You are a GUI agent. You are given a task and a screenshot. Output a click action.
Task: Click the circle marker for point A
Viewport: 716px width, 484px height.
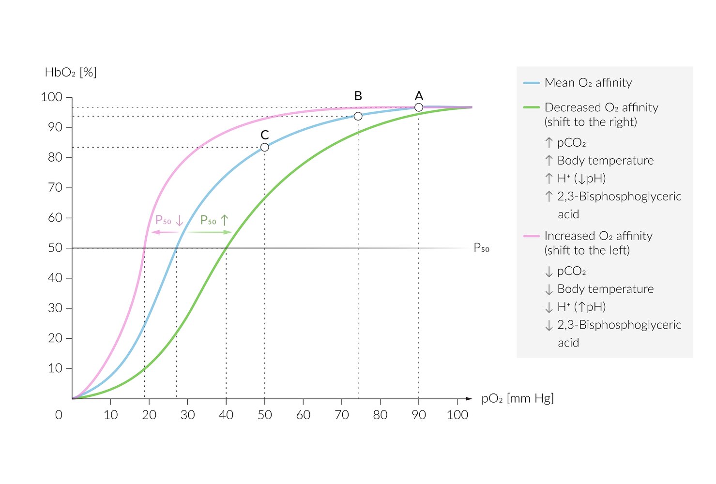tap(419, 107)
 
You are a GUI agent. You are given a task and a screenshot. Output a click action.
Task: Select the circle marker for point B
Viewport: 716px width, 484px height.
tap(358, 116)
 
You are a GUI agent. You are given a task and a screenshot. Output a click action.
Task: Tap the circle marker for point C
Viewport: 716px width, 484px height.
tap(264, 147)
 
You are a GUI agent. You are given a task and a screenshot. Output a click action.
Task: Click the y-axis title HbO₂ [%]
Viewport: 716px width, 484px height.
tap(71, 73)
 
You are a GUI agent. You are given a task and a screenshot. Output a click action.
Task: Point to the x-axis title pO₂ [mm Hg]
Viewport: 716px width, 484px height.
tap(517, 398)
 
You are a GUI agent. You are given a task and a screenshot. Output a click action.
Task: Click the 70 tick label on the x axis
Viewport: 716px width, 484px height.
tap(342, 415)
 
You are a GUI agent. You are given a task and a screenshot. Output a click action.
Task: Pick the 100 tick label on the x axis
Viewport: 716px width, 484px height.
tap(457, 415)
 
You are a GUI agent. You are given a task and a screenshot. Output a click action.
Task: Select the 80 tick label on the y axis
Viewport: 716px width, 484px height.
tap(55, 157)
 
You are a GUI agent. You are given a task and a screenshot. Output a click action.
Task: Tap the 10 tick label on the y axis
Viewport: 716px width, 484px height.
tap(55, 368)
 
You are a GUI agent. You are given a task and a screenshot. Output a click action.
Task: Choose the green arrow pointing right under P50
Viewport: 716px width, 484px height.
tap(210, 232)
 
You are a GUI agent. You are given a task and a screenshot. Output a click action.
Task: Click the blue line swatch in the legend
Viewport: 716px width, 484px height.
tap(531, 83)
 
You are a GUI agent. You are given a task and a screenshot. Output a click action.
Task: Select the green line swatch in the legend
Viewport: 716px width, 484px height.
tap(531, 107)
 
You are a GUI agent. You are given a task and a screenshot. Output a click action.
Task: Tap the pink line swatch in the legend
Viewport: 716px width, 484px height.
tap(531, 236)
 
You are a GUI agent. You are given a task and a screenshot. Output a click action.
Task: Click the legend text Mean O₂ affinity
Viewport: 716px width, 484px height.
tap(588, 83)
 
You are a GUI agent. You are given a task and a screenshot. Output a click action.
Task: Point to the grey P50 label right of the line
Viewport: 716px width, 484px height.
tap(481, 248)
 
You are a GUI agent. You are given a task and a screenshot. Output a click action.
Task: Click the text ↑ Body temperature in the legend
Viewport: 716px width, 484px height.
tap(599, 161)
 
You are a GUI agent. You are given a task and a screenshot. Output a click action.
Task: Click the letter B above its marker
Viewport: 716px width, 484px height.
tap(358, 96)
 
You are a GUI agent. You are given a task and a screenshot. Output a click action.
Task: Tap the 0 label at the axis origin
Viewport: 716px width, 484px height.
tap(59, 415)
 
